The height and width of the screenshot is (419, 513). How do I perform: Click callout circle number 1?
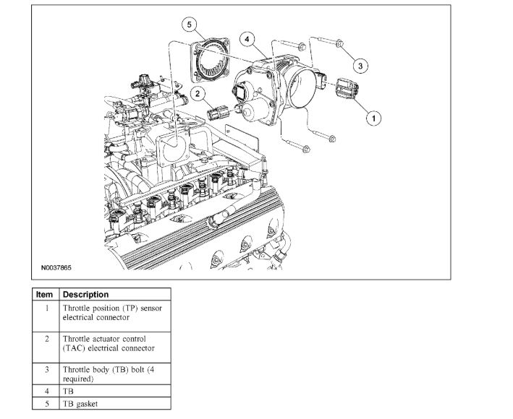(373, 116)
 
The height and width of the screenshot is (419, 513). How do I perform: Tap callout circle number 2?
(196, 92)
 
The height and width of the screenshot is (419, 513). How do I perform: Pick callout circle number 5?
(190, 25)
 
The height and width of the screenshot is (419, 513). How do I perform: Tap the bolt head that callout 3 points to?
(339, 43)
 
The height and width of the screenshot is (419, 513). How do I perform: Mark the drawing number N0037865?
(56, 267)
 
